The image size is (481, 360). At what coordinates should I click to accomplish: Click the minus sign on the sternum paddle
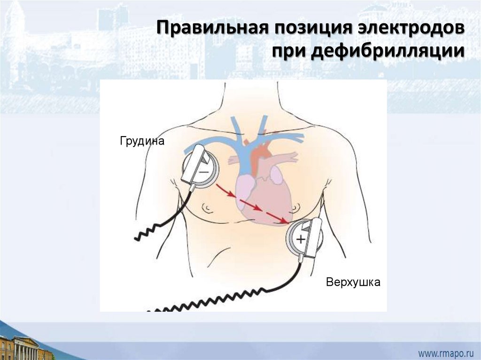205,172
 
